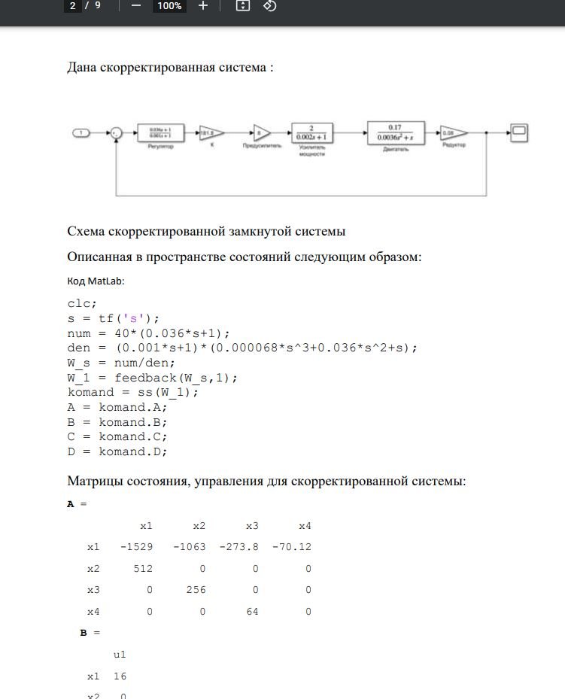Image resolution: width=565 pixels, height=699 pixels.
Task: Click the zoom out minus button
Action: (136, 6)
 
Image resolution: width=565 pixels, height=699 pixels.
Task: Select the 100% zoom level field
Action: (169, 6)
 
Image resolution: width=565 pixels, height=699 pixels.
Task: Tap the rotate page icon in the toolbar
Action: (269, 6)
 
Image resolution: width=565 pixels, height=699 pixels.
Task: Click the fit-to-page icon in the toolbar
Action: (242, 6)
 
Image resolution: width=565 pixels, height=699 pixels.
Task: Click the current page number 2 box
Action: (73, 6)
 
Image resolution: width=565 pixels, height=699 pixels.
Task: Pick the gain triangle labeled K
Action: (210, 133)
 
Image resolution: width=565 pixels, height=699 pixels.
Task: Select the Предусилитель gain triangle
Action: (260, 132)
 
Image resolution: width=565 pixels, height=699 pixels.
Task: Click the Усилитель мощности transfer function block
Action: (311, 133)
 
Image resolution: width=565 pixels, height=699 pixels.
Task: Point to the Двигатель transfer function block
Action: (395, 132)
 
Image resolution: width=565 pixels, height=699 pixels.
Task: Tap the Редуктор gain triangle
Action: (452, 133)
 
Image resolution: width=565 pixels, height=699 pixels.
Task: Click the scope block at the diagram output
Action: (519, 133)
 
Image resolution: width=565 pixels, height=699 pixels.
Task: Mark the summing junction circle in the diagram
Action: (117, 133)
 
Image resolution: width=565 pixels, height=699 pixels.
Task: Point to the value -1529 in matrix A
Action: (136, 547)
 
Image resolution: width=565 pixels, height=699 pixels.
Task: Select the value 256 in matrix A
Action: (196, 591)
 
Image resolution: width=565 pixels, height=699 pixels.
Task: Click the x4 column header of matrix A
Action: (305, 525)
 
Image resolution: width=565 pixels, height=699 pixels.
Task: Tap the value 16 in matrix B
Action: (120, 676)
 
